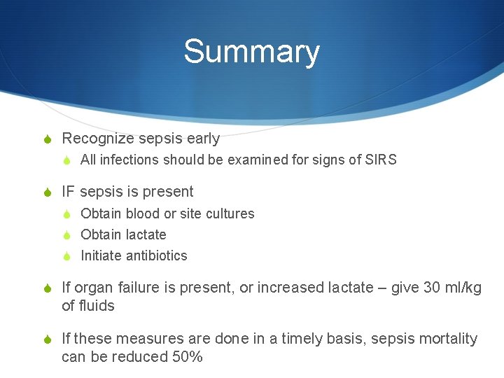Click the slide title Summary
tap(251, 52)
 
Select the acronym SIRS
tap(381, 160)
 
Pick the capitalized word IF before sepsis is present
tap(68, 192)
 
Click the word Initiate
tap(101, 255)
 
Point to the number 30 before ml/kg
tap(433, 288)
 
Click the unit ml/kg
tap(464, 288)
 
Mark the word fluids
tap(97, 306)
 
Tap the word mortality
tap(449, 339)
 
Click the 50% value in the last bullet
tap(187, 357)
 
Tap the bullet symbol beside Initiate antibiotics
tap(67, 256)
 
